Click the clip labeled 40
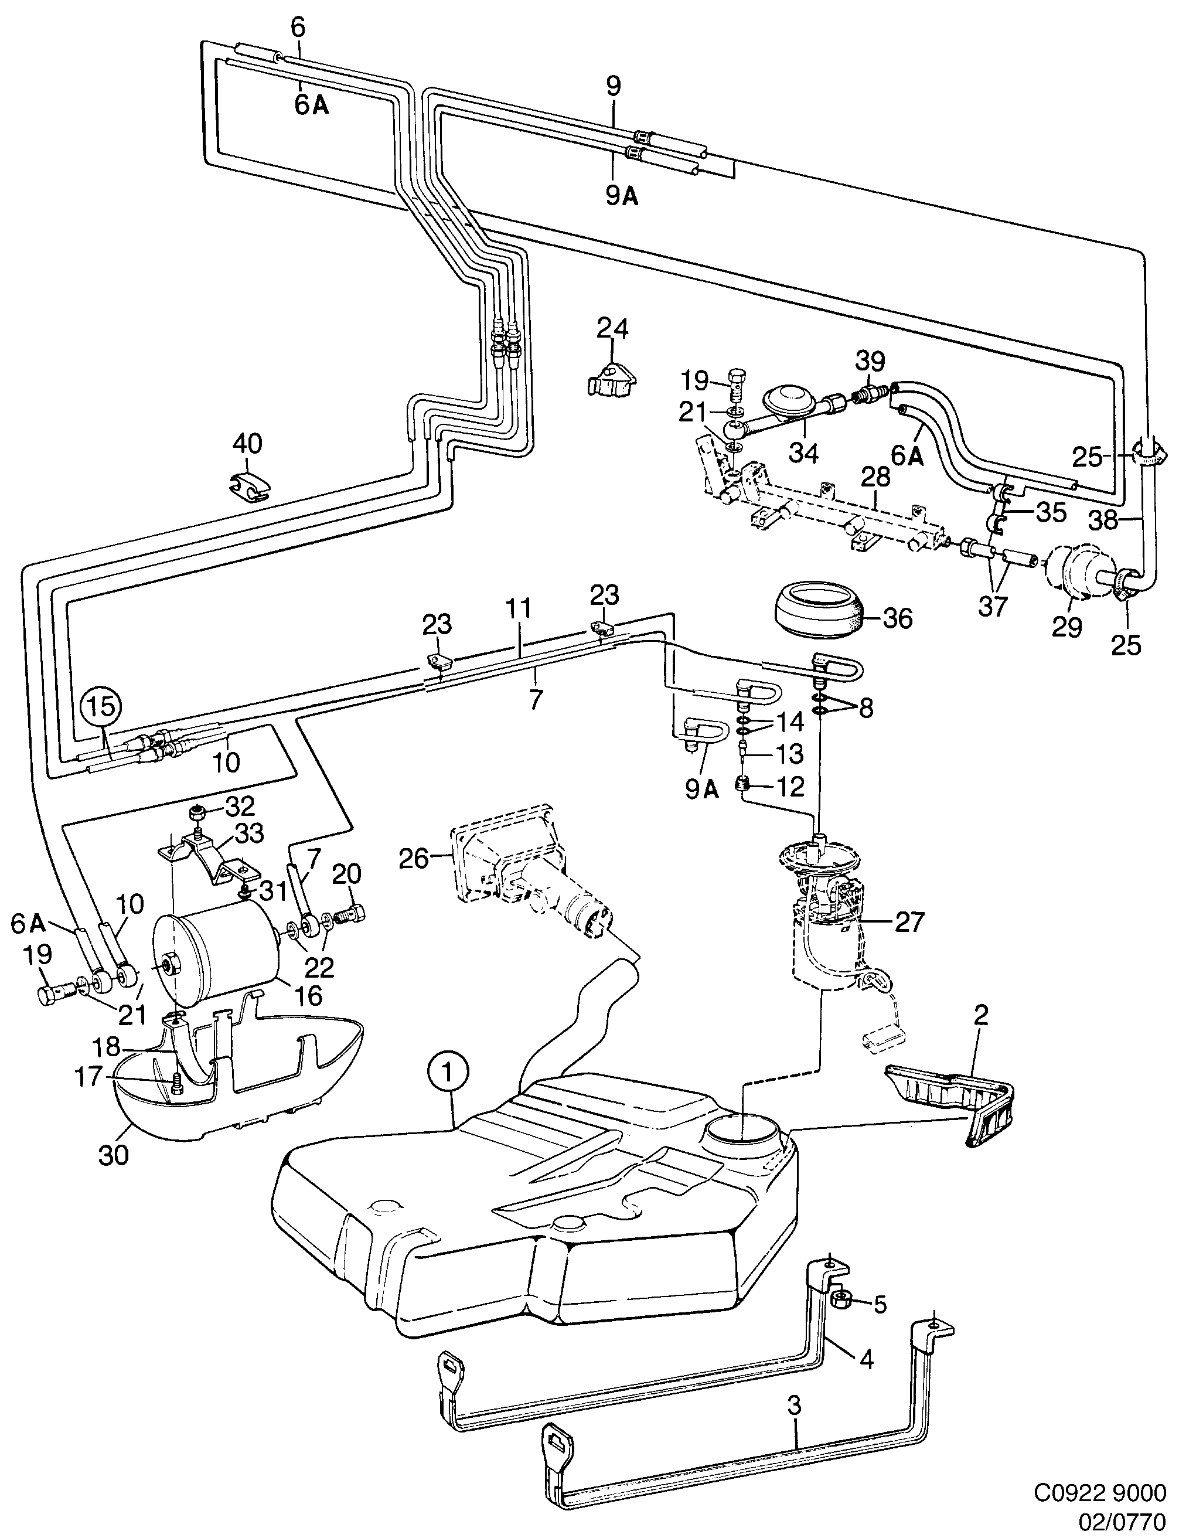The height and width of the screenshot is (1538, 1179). pos(249,486)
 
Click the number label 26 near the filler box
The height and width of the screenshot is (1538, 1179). pos(413,858)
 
